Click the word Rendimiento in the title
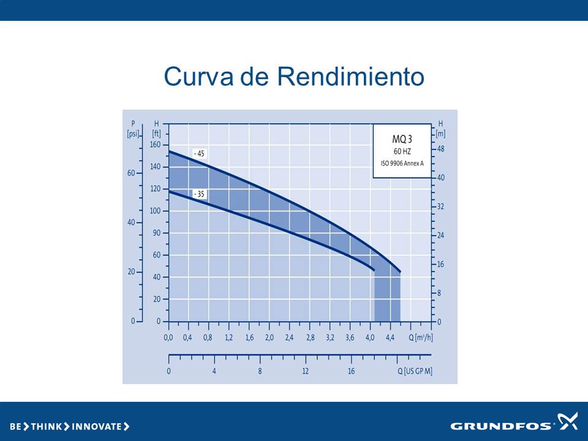[x=350, y=76]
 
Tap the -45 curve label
[x=199, y=154]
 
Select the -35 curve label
[x=199, y=194]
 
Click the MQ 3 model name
[x=402, y=139]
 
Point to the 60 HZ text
[x=402, y=151]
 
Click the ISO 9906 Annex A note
[x=402, y=164]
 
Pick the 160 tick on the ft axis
[x=155, y=145]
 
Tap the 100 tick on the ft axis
[x=155, y=211]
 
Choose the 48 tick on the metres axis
[x=440, y=149]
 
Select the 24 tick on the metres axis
[x=440, y=235]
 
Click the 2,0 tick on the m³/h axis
[x=269, y=337]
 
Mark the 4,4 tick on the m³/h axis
[x=390, y=337]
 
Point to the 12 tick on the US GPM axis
[x=306, y=371]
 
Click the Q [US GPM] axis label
[x=415, y=371]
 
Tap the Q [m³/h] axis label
[x=420, y=337]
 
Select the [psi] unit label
[x=133, y=134]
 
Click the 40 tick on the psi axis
[x=131, y=222]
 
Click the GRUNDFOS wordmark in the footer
[x=501, y=426]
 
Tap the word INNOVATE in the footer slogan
[x=96, y=426]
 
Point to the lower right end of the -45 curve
[x=400, y=272]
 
